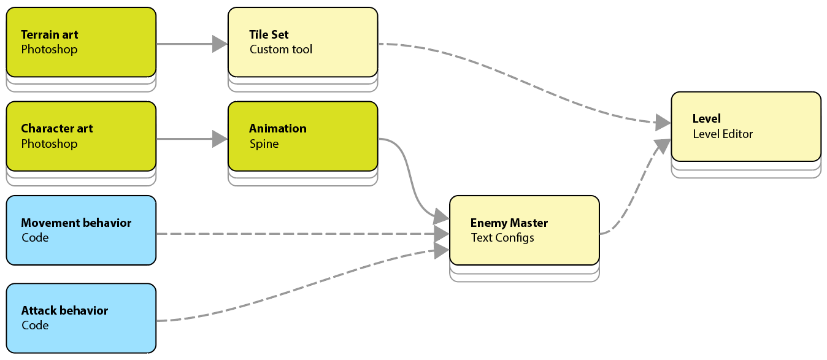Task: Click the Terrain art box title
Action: (x=50, y=35)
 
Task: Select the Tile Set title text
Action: (x=269, y=35)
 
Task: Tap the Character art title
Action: (x=57, y=129)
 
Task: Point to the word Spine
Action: (x=264, y=144)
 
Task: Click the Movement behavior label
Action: (x=76, y=223)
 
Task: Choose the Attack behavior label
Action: (x=64, y=311)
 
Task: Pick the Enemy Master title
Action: (x=509, y=223)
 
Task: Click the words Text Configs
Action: (x=502, y=238)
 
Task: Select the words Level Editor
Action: (x=723, y=134)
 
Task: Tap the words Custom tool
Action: (x=281, y=50)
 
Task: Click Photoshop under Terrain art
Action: (x=49, y=50)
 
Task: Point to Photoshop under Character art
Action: (x=49, y=144)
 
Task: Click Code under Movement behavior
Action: (x=35, y=238)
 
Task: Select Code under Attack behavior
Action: (x=35, y=326)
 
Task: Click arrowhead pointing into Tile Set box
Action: (x=220, y=44)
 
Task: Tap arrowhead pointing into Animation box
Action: (x=220, y=139)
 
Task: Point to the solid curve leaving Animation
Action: (x=408, y=178)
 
